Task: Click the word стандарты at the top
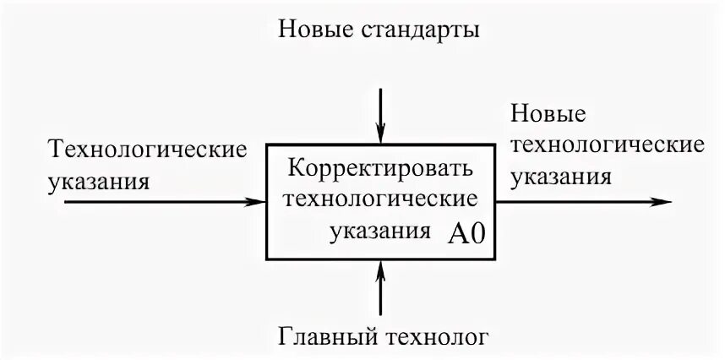[421, 32]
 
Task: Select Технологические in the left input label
[150, 150]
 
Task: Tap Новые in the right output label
[547, 114]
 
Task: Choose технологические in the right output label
[607, 145]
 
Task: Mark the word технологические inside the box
[379, 199]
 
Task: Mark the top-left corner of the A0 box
[268, 146]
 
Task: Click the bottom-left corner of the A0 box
[268, 259]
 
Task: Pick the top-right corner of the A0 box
[494, 146]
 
